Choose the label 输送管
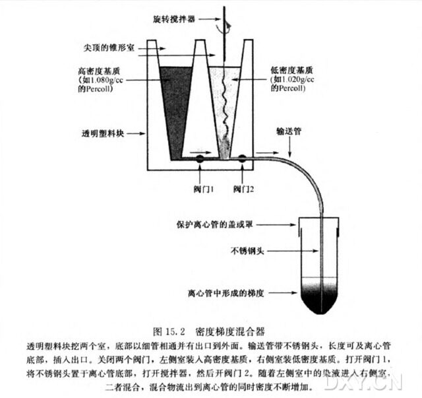pyautogui.click(x=288, y=131)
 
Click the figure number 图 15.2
pyautogui.click(x=171, y=329)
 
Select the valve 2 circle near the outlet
pyautogui.click(x=243, y=159)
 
